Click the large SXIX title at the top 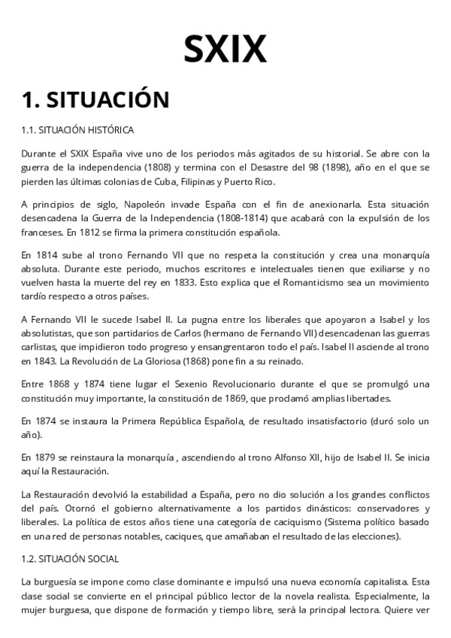point(225,49)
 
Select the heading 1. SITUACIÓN point(95,99)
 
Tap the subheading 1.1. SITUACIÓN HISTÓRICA point(78,130)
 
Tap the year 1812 point(77,233)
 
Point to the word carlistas point(40,348)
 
